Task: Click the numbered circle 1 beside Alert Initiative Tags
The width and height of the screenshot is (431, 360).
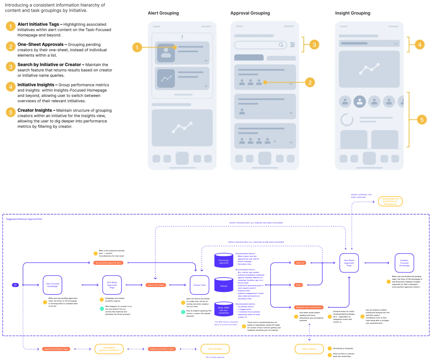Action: click(11, 26)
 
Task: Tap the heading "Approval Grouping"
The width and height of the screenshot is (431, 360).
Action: click(250, 13)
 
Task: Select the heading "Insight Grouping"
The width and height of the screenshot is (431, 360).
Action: click(353, 13)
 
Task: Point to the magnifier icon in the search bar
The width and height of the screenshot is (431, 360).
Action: click(281, 45)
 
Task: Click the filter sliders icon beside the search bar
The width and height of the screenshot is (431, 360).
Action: click(292, 45)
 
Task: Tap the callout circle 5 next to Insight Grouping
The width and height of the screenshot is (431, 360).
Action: click(422, 120)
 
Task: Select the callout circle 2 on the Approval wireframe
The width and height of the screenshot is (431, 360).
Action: click(310, 83)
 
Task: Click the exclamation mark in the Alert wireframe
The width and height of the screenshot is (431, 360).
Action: click(182, 37)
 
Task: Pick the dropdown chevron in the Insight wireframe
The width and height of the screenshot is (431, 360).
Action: click(396, 44)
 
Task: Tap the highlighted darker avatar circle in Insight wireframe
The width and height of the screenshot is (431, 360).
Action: click(360, 101)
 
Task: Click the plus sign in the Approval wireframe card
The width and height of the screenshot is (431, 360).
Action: click(275, 141)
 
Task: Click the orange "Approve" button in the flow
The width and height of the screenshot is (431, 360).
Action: click(300, 263)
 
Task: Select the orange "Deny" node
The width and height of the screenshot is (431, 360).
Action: click(299, 285)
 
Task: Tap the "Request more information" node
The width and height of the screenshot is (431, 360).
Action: click(309, 307)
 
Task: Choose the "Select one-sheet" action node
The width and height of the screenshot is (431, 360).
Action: click(156, 285)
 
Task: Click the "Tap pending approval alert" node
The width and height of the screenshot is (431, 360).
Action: click(108, 263)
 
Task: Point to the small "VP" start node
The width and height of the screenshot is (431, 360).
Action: click(15, 285)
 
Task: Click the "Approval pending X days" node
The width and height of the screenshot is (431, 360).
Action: click(56, 349)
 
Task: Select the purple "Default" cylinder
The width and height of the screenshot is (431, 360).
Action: click(224, 286)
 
